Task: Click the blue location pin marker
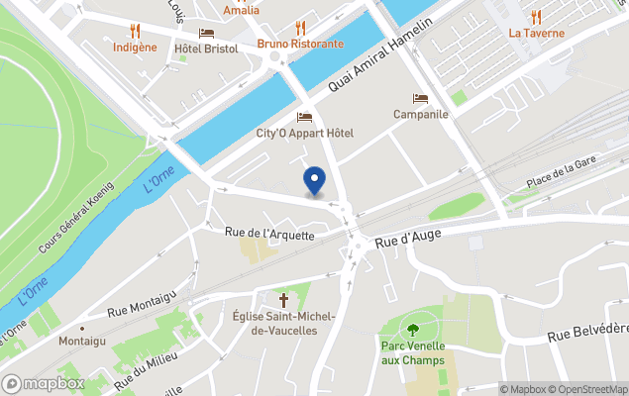click(x=314, y=180)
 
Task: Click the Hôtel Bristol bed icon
click(x=206, y=33)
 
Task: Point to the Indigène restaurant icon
click(x=136, y=31)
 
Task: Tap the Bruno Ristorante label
click(x=300, y=44)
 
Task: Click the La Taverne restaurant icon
click(x=536, y=17)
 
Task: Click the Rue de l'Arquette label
click(x=269, y=235)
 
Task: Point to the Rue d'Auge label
click(x=407, y=235)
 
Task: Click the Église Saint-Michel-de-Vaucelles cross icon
click(x=283, y=299)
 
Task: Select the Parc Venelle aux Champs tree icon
click(x=412, y=329)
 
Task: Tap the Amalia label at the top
click(x=242, y=10)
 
